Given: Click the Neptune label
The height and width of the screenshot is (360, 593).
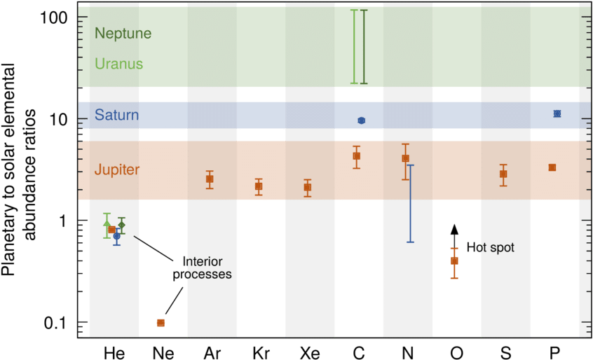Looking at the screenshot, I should (123, 34).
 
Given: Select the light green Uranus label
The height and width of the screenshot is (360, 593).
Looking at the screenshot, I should (119, 64).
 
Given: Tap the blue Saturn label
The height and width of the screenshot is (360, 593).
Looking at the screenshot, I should (116, 115).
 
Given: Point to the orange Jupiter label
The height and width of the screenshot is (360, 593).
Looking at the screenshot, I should (117, 170).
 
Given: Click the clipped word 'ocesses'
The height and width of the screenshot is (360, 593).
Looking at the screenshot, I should (206, 275).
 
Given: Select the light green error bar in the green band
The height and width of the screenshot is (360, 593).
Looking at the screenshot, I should (354, 48).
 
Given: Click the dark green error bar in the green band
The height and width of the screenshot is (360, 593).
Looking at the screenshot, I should (364, 48).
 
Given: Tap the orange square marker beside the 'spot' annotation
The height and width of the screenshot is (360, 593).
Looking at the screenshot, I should (454, 261).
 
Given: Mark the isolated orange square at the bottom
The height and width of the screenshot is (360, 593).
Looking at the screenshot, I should (161, 323).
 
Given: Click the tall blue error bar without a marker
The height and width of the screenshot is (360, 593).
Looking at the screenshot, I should (411, 203).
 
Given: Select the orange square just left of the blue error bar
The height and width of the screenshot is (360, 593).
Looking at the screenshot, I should (405, 158).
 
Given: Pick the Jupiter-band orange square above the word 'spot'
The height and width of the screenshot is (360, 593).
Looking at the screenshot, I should (503, 174).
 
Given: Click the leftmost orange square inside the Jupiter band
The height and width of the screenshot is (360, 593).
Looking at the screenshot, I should (210, 179).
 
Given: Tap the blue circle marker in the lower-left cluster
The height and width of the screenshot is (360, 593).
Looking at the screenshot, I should (117, 237).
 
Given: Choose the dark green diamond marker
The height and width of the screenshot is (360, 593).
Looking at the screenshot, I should (121, 225).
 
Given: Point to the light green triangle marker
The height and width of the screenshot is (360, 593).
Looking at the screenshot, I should (107, 224).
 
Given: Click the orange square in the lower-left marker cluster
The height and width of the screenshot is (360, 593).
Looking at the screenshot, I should (111, 230).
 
